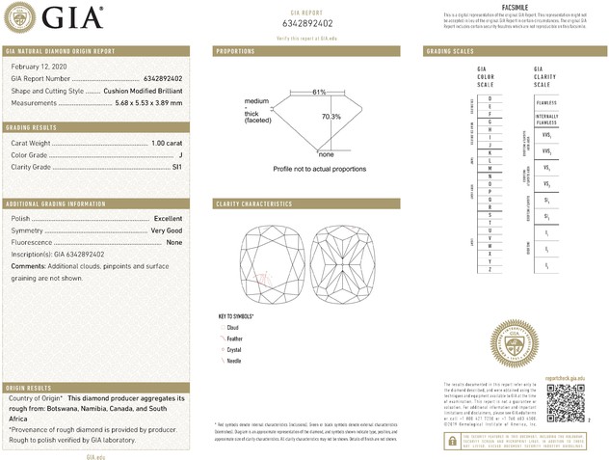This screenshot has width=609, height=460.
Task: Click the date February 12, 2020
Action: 40,66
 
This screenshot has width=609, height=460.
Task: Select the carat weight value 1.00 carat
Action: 166,144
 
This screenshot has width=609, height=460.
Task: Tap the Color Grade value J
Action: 180,155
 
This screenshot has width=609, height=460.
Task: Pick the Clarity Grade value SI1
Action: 176,167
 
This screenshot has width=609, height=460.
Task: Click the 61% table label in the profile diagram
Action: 319,92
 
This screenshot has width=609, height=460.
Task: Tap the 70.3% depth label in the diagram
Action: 331,117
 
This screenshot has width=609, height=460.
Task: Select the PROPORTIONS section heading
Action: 235,49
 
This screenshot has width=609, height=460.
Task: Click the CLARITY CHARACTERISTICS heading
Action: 254,204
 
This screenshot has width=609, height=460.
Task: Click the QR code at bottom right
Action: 566,401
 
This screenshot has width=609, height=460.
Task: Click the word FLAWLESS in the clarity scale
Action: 545,101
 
